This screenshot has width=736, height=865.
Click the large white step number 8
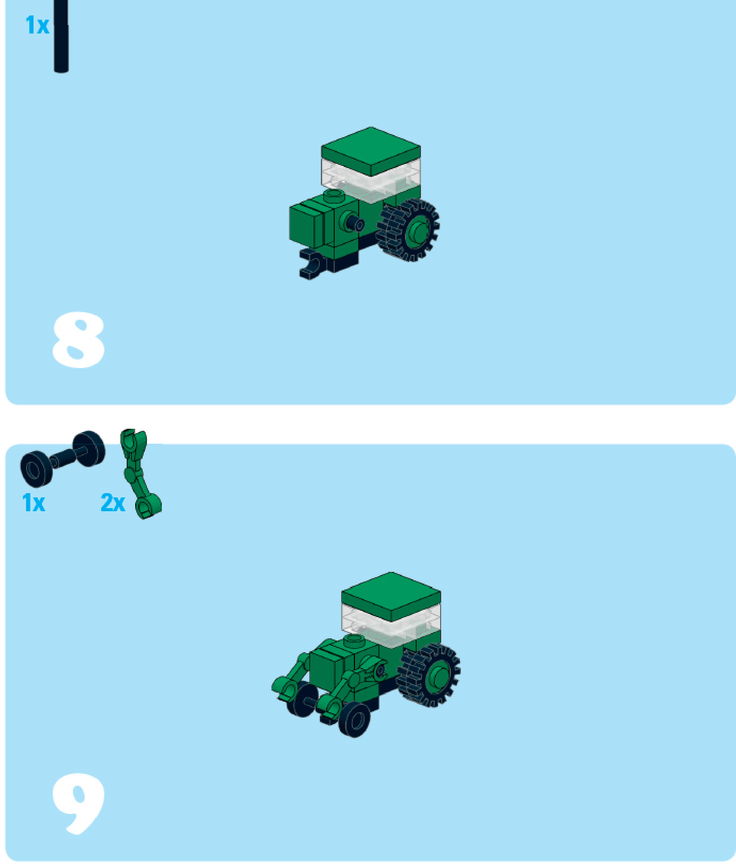78,340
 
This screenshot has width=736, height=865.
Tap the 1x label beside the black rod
37,26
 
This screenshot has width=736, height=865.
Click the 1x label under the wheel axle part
34,503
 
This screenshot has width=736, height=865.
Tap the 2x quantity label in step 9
113,503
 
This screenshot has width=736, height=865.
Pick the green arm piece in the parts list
139,473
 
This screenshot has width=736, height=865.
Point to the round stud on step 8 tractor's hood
334,196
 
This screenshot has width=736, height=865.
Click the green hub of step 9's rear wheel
439,676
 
